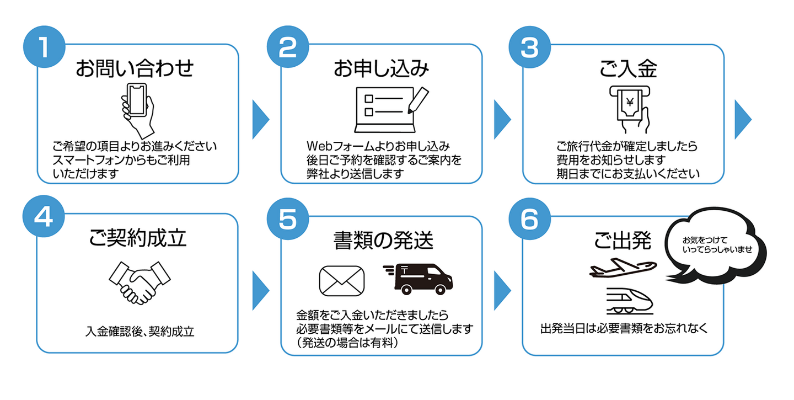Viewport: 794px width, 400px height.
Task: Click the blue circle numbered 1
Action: pyautogui.click(x=44, y=47)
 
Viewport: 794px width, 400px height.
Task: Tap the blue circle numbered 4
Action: pyautogui.click(x=44, y=217)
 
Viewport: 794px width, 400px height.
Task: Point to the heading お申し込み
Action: pyautogui.click(x=381, y=69)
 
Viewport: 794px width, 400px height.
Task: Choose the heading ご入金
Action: pyautogui.click(x=628, y=69)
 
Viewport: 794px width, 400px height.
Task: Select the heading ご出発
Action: pyautogui.click(x=623, y=239)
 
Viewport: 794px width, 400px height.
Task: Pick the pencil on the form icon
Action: pyautogui.click(x=417, y=99)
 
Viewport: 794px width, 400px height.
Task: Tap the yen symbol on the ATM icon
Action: pyautogui.click(x=629, y=102)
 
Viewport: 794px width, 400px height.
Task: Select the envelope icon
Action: pyautogui.click(x=342, y=280)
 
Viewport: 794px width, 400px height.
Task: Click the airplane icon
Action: pyautogui.click(x=623, y=268)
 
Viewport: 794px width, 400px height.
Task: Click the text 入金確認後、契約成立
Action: pyautogui.click(x=140, y=332)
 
